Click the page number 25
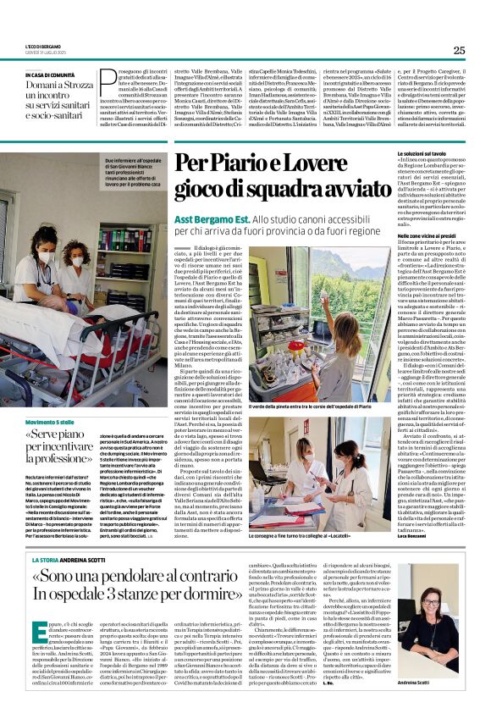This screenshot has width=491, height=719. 458,50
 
